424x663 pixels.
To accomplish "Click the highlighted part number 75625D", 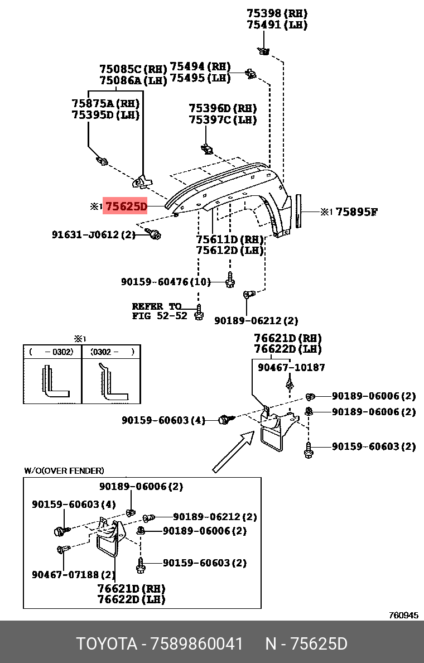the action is click(126, 206).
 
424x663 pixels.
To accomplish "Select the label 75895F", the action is click(356, 212).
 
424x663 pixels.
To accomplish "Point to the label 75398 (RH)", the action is click(277, 13).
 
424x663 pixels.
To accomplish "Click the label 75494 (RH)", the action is click(200, 66).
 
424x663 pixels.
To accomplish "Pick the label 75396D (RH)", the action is click(223, 108).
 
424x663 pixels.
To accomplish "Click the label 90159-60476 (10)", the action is click(166, 282).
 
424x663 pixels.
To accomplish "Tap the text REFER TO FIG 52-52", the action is click(159, 311).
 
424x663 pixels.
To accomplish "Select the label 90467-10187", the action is click(291, 367).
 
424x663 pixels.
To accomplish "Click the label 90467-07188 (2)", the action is click(74, 575).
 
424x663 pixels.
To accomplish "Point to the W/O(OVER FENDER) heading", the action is click(64, 470).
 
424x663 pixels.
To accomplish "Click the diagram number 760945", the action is click(403, 615).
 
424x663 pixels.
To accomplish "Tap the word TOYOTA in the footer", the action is click(107, 644).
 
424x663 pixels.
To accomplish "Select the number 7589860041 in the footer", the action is click(197, 644).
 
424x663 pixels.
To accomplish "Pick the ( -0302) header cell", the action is click(52, 352).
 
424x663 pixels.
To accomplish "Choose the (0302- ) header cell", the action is click(111, 352).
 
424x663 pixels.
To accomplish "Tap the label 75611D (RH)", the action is click(229, 240).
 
